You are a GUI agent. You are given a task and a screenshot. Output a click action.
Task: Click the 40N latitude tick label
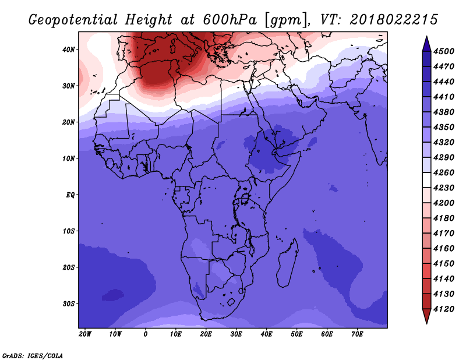pos(69,50)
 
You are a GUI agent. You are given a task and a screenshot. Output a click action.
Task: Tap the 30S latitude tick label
pos(69,303)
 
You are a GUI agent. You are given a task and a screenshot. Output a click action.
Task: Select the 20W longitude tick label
pos(85,334)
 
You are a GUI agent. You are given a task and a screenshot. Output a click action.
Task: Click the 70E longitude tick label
pos(357,334)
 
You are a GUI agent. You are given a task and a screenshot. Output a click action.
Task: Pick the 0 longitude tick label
pos(145,334)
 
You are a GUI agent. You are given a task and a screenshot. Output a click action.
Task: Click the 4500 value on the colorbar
pos(444,51)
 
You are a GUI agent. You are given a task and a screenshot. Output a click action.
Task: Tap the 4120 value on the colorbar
pos(444,309)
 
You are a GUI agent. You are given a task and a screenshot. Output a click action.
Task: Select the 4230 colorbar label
pos(444,188)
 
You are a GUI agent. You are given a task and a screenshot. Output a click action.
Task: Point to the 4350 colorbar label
pos(444,127)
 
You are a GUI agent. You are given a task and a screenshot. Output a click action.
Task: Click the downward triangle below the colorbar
pos(426,316)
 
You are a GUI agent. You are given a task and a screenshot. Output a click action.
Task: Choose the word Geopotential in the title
pos(73,20)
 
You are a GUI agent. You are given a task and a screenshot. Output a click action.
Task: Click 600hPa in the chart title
pos(230,20)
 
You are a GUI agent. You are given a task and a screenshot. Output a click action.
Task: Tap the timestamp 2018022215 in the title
pos(394,20)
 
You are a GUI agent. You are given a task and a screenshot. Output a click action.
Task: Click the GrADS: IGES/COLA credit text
pos(33,356)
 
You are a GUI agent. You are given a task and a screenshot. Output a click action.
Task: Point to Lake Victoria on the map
pos(245,199)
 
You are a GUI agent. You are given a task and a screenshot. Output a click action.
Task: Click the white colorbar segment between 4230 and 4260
pos(426,180)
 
